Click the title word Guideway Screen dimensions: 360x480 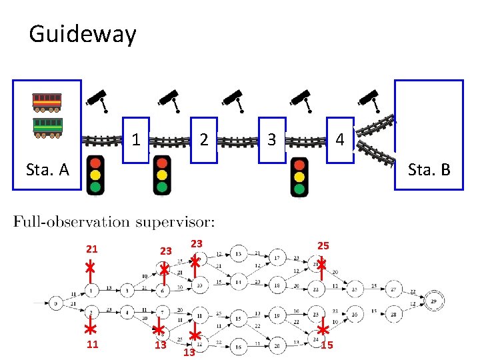[x=83, y=33]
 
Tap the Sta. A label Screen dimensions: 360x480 [x=47, y=169]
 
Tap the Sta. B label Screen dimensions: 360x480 [x=429, y=169]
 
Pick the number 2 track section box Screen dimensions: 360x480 [x=205, y=141]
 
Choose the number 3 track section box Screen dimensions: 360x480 [x=271, y=141]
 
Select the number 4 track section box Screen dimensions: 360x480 [x=340, y=141]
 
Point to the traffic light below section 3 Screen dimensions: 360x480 [x=300, y=176]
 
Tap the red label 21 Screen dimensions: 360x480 [x=91, y=249]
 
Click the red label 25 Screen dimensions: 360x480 [x=323, y=245]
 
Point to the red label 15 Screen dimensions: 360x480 [x=327, y=345]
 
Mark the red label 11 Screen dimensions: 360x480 [x=91, y=345]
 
